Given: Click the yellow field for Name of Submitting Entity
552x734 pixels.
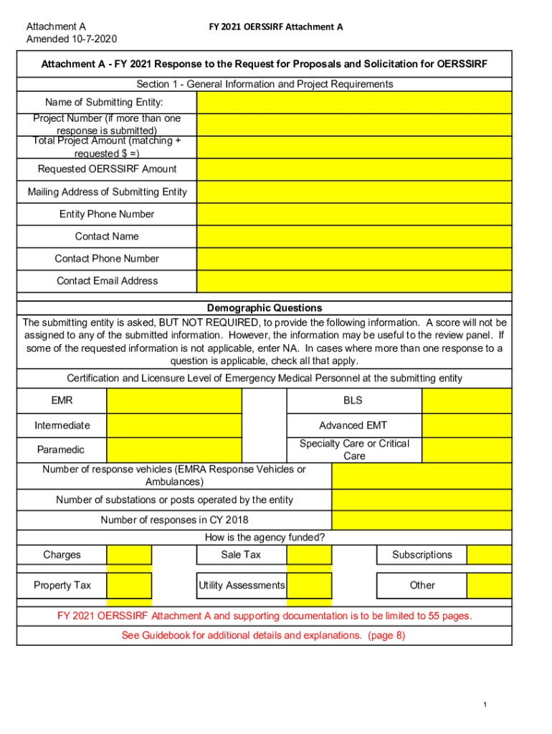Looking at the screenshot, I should [x=354, y=102].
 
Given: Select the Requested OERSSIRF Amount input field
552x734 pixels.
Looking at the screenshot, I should [x=354, y=169].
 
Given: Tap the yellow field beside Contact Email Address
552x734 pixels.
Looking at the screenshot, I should [x=354, y=281].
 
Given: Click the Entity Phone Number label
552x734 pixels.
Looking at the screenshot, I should [x=107, y=214].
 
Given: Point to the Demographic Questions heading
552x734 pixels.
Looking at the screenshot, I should [x=265, y=308].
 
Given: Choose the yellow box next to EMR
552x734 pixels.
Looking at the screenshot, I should [x=174, y=401].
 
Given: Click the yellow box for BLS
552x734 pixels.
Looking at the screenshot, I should [x=467, y=401].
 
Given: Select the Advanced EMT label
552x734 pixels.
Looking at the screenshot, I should [x=353, y=426].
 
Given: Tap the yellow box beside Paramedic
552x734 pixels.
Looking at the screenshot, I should [x=174, y=449].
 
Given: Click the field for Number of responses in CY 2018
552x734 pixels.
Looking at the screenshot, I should [x=422, y=520].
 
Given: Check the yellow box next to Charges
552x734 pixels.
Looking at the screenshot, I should [x=129, y=555].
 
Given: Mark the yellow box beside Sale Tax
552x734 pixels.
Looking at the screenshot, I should [x=309, y=555].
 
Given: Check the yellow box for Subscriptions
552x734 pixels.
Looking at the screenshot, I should [x=489, y=555].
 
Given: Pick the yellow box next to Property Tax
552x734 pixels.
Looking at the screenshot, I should [x=129, y=586].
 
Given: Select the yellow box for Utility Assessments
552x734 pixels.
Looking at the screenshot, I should [x=309, y=586].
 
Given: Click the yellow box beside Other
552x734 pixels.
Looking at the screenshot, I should [x=489, y=586].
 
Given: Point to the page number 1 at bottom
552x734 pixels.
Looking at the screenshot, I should [x=485, y=705].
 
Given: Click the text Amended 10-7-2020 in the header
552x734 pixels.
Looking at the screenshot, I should [x=72, y=39].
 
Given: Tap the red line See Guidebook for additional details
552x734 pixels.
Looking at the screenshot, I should [x=264, y=635].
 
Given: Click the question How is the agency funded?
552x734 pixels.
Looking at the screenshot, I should [x=265, y=538].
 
